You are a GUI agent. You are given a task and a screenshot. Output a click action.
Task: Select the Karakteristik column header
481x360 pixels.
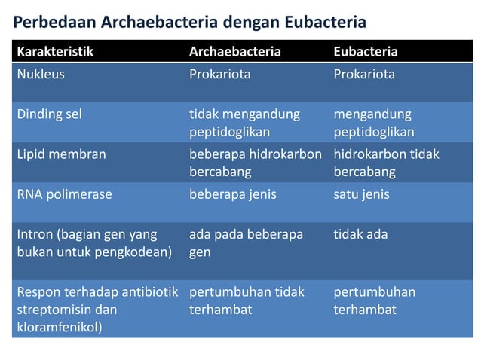click(x=55, y=52)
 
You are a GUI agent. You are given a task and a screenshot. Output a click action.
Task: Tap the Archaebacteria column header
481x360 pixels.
click(x=234, y=52)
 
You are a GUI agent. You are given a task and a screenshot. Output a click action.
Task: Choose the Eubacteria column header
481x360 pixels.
click(x=366, y=52)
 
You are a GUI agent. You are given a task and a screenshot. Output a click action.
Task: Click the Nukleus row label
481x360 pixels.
click(x=41, y=75)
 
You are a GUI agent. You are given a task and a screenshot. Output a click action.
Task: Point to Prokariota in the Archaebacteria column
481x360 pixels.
click(x=219, y=75)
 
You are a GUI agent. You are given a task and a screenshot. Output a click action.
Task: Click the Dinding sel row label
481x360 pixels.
click(x=49, y=114)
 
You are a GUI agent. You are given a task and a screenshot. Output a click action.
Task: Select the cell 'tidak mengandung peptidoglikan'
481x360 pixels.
click(x=244, y=123)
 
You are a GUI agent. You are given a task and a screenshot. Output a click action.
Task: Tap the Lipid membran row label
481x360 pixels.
click(x=61, y=154)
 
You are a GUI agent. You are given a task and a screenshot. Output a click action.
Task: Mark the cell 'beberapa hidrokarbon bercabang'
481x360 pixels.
click(x=255, y=163)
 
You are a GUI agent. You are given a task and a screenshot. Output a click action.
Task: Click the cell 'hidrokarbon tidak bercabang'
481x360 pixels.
click(x=386, y=163)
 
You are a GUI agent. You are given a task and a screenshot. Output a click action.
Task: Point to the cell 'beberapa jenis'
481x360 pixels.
click(x=232, y=194)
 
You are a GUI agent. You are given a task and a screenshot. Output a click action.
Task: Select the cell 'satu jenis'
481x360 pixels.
click(x=361, y=194)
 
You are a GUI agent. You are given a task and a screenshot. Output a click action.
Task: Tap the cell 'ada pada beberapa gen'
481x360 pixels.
click(x=245, y=243)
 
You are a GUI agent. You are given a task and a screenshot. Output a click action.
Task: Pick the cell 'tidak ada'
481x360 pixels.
click(x=360, y=234)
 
